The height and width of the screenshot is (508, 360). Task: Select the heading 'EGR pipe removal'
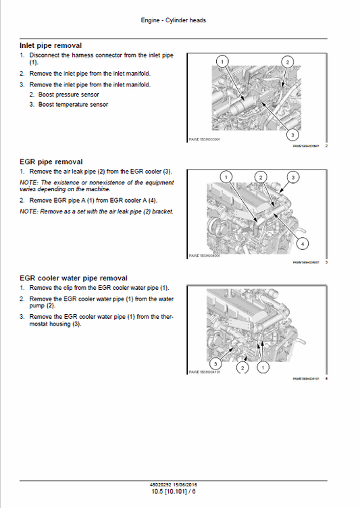coord(51,162)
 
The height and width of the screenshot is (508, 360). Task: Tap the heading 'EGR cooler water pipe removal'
coord(73,278)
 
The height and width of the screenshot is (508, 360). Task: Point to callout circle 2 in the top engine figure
coord(287,61)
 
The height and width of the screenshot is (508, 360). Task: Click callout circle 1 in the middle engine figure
coord(226,177)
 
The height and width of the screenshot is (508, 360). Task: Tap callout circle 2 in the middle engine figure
coord(260,177)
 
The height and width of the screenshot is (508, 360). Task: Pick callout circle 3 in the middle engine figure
coord(292,177)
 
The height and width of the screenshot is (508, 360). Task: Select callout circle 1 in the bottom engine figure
coord(263,367)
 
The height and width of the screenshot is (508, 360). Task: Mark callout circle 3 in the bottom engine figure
coord(214,363)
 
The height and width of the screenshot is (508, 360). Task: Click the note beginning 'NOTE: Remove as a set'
coord(96,211)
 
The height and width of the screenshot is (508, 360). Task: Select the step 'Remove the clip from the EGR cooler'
coord(94,288)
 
